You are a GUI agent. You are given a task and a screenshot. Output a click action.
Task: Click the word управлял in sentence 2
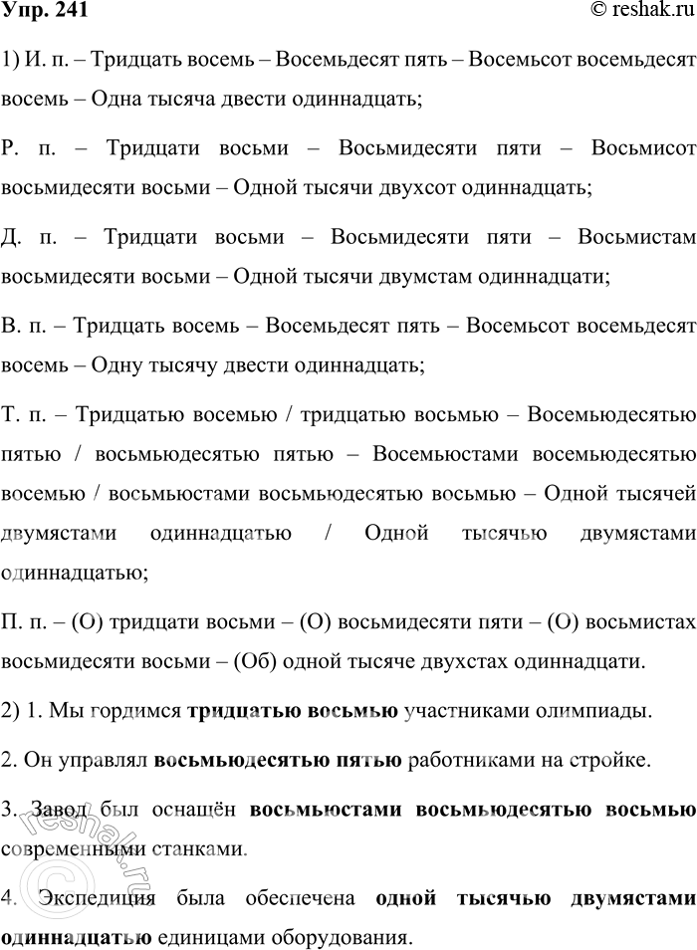(111, 762)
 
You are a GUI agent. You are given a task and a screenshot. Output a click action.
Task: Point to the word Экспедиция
(102, 899)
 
